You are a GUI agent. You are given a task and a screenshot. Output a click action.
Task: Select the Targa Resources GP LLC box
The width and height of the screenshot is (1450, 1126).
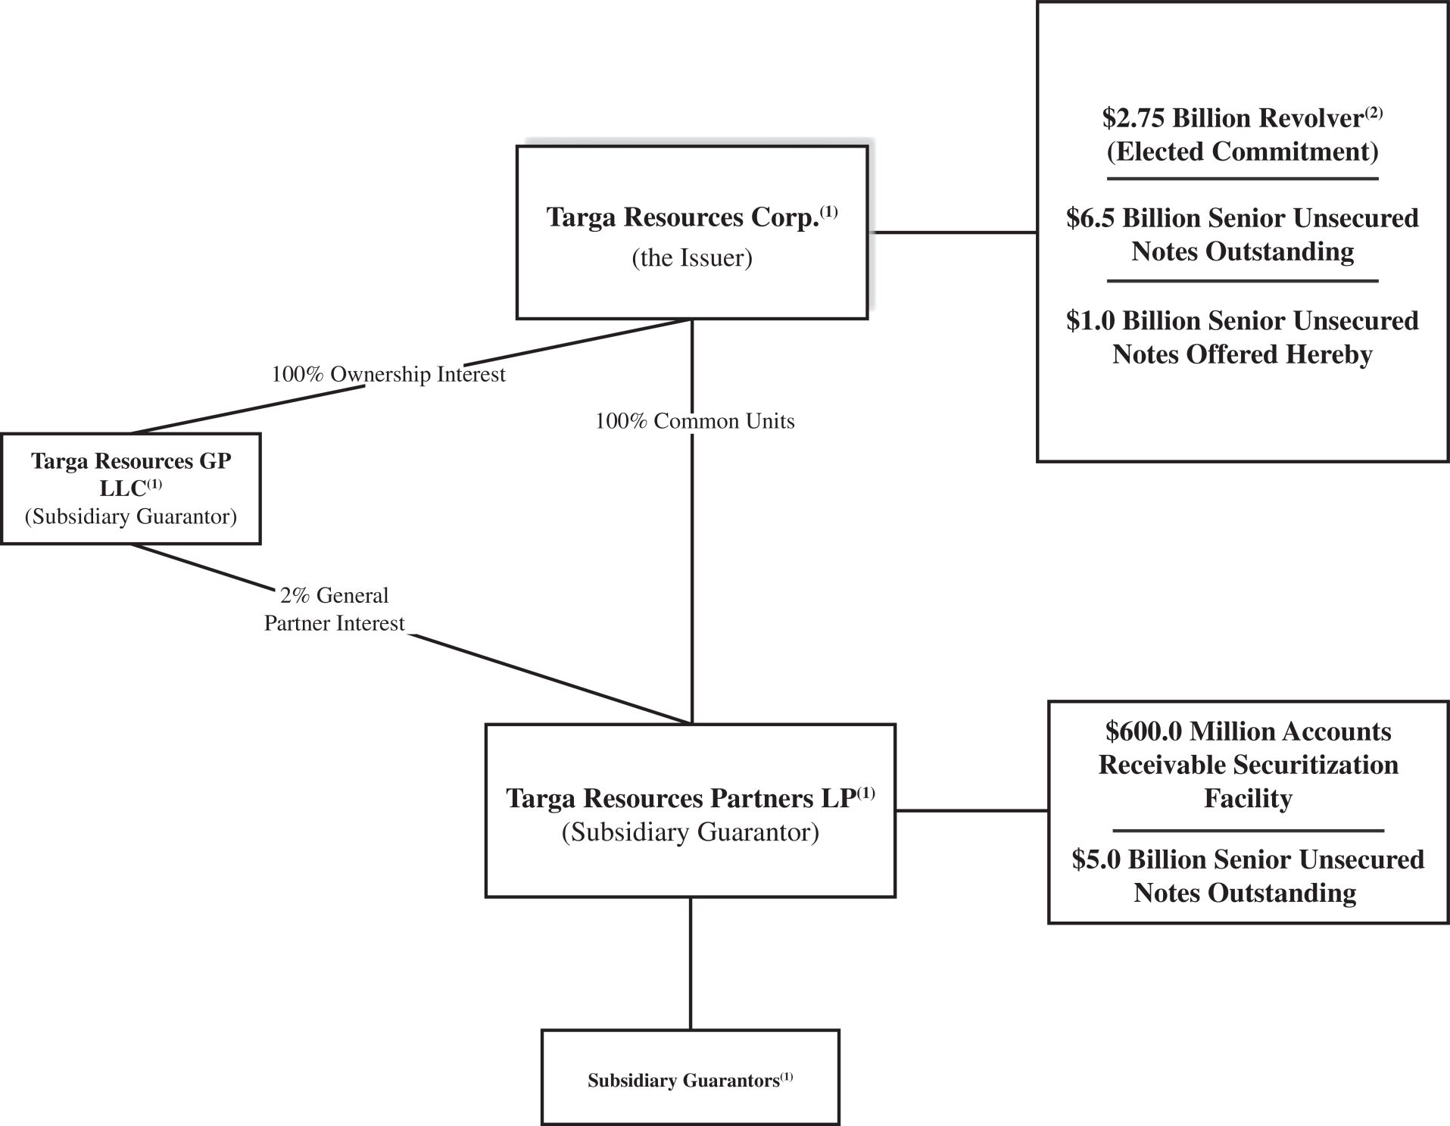(x=131, y=488)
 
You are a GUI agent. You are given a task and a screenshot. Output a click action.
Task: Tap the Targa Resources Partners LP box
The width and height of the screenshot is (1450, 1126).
(x=690, y=810)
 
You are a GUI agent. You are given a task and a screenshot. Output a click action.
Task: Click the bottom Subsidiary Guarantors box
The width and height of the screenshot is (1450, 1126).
(x=690, y=1077)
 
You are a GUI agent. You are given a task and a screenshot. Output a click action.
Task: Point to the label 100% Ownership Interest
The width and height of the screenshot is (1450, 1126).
(x=388, y=375)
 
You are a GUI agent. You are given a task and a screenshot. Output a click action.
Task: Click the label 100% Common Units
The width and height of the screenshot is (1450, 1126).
(x=694, y=421)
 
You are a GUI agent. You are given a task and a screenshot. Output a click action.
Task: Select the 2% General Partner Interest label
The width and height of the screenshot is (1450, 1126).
(x=335, y=609)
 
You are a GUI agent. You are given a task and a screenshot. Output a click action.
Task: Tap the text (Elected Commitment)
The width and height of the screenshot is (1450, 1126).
(x=1242, y=151)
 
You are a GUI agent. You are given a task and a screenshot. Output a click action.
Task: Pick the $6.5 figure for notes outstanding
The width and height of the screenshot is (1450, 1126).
(x=1090, y=219)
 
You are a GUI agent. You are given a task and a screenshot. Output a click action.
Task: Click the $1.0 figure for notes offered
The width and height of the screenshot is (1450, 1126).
(x=1090, y=321)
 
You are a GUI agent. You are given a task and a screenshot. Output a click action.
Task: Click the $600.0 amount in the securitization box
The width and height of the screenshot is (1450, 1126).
(x=1143, y=731)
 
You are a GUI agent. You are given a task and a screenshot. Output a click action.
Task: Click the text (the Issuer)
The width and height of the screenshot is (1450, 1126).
(x=691, y=258)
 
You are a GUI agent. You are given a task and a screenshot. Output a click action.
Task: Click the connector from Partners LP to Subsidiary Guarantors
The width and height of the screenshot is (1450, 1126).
(x=691, y=963)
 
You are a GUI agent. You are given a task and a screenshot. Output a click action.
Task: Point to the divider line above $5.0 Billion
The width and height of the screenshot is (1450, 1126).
(x=1248, y=831)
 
